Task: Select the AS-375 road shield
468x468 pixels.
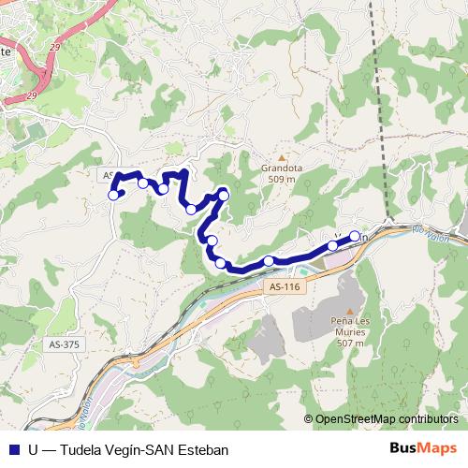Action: pos(63,344)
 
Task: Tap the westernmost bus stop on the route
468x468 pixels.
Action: pos(113,195)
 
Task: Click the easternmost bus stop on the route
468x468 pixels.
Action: pos(355,236)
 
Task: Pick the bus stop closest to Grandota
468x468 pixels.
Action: pos(223,195)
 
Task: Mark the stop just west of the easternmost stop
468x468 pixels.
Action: pos(332,246)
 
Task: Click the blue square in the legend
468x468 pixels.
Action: pos(13,449)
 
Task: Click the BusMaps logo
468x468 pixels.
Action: pos(422,448)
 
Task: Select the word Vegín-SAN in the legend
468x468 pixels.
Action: pos(139,449)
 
